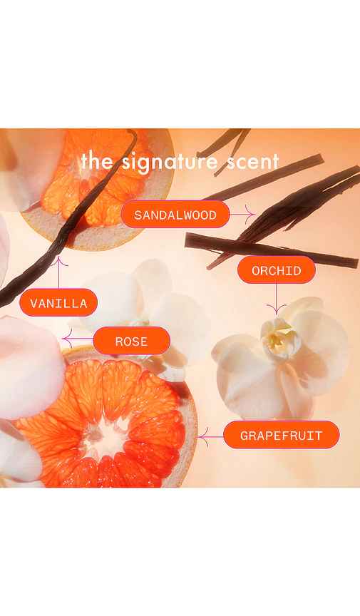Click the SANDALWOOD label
point(175,215)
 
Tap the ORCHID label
point(277,270)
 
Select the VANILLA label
point(58,302)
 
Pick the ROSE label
point(132,341)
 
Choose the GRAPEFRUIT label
point(281,435)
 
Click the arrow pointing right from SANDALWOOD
point(242,215)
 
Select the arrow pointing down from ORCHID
point(276,299)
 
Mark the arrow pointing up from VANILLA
point(58,272)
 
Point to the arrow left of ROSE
point(78,339)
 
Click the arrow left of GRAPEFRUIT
point(210,436)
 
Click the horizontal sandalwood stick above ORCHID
point(271,249)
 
